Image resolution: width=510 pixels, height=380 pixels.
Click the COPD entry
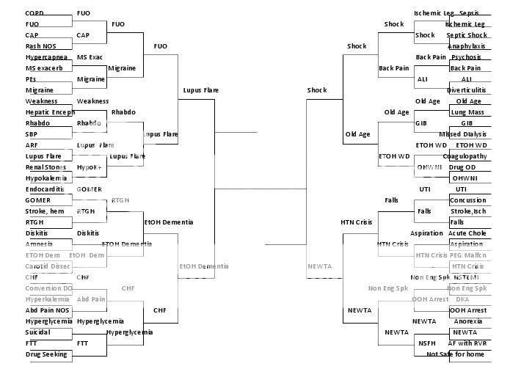[x=34, y=13]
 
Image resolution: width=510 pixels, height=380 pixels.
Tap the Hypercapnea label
[x=46, y=57]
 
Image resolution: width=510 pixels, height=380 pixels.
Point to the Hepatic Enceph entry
[x=50, y=112]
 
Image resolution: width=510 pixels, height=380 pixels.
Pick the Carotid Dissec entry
[x=46, y=266]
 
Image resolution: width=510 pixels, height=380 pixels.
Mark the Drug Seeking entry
[x=46, y=354]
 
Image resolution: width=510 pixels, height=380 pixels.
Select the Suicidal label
[x=38, y=332]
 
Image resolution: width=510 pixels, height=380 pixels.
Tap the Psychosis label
[x=467, y=57]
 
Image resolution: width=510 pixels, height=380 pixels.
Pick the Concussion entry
[x=467, y=200]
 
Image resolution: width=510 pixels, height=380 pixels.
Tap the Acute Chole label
[x=467, y=233]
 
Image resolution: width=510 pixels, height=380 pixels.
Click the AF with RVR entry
[x=467, y=343]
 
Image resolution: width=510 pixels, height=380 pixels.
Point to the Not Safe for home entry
[x=455, y=354]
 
